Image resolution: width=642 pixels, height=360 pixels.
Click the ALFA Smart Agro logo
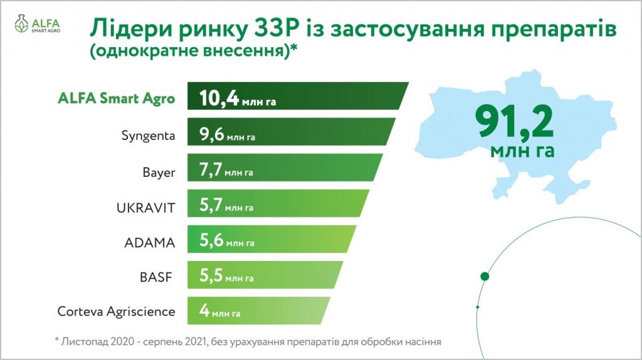point(37,24)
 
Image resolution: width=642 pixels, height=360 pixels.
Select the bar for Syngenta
point(292,132)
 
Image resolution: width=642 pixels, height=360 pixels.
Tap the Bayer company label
point(159,172)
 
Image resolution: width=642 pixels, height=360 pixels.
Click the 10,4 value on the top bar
point(219,98)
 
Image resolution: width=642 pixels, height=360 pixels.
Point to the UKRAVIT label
point(145,208)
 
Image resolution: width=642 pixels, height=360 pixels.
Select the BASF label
point(155,277)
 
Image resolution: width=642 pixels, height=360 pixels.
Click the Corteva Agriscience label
point(116,312)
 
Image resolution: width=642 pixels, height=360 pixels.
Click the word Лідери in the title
point(132,29)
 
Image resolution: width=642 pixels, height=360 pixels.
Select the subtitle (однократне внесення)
point(193,51)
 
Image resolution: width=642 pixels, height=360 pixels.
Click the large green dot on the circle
point(485,277)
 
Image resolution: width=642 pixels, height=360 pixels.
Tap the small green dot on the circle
point(478,307)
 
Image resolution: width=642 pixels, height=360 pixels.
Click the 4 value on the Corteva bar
point(204,310)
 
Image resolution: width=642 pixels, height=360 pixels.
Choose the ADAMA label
point(150,243)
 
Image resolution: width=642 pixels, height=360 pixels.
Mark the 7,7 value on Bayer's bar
point(211,169)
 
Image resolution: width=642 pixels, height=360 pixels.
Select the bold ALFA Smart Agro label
point(116,98)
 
